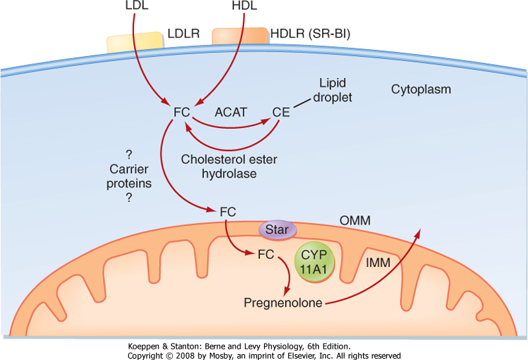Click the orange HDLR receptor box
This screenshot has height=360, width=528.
[x=240, y=35]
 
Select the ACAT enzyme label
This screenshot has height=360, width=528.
[x=230, y=113]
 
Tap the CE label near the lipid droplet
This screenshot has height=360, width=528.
[x=280, y=112]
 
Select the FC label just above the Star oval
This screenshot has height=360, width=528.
[x=226, y=212]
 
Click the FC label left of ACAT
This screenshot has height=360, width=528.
[x=181, y=112]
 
